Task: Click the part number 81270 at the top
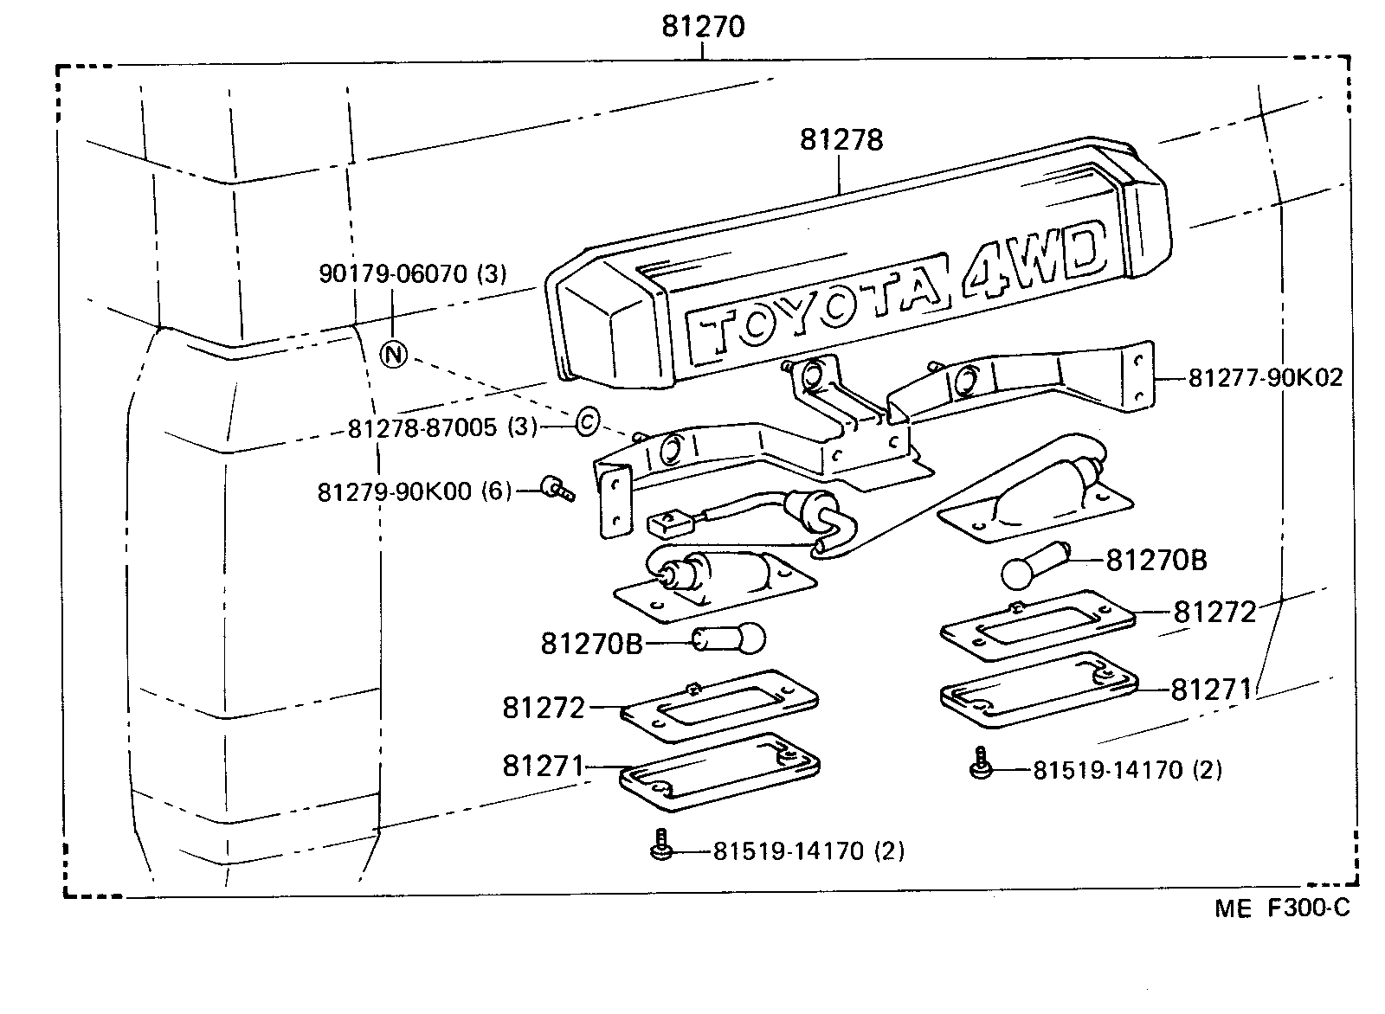click(702, 27)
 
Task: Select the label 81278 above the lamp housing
click(841, 139)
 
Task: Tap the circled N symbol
click(394, 354)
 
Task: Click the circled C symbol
click(586, 422)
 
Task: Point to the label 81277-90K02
click(1265, 378)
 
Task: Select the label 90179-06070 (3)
click(412, 274)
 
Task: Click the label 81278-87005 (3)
click(442, 427)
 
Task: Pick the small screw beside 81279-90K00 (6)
click(557, 489)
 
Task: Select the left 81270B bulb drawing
click(729, 640)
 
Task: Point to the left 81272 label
click(544, 708)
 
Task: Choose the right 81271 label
click(1211, 690)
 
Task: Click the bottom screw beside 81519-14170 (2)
click(660, 846)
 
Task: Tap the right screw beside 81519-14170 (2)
click(980, 764)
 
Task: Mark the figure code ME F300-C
click(1281, 908)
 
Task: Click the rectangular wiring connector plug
click(672, 522)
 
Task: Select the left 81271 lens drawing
click(719, 773)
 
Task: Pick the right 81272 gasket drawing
click(1037, 621)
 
